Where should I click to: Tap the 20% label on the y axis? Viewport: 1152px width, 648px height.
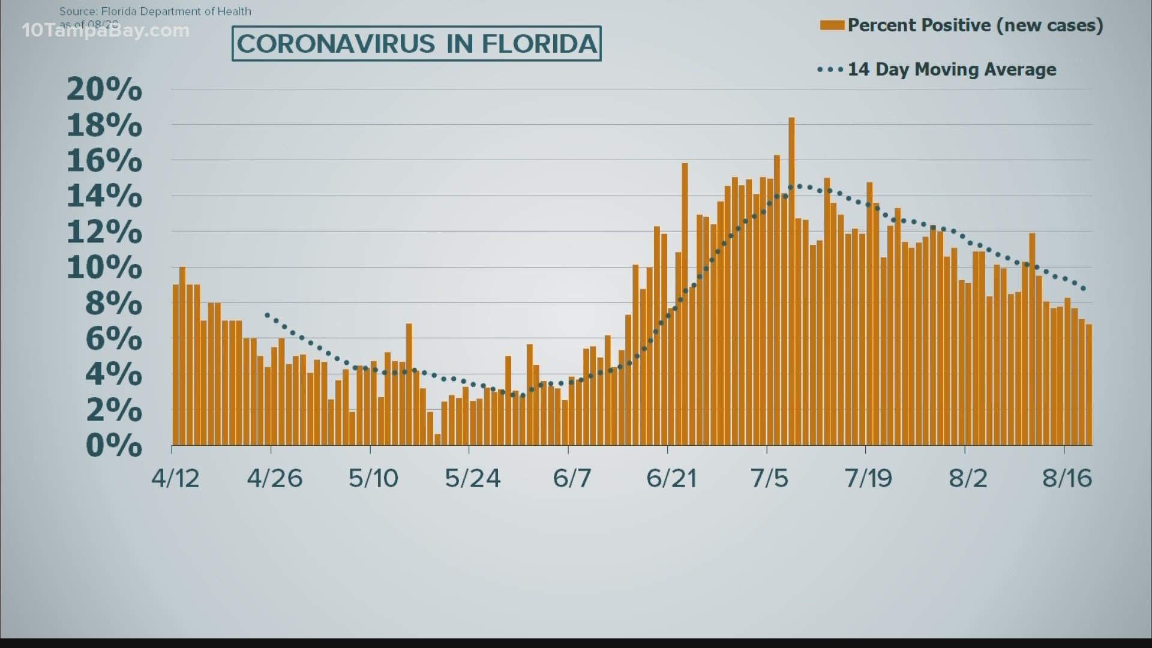pos(104,89)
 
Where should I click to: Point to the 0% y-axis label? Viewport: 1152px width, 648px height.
pos(113,445)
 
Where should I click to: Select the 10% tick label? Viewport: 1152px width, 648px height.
pos(104,268)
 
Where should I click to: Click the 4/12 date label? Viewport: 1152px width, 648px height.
pos(175,478)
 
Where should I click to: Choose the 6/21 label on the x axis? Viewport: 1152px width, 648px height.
pos(671,478)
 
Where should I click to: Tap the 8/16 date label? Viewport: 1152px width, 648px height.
pos(1067,478)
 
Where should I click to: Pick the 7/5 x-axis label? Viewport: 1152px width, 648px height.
pos(769,478)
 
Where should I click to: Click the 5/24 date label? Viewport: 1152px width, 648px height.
pos(473,478)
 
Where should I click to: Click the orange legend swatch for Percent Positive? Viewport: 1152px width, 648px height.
pos(832,25)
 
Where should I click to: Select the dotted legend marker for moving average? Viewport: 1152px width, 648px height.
pos(830,70)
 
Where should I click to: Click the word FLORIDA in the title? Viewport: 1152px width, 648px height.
pos(539,44)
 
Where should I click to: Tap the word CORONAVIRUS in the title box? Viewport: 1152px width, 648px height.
pos(336,44)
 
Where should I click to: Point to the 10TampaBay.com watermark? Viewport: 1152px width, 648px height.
pos(106,30)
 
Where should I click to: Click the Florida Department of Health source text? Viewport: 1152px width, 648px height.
pos(155,11)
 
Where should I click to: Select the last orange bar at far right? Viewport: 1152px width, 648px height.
pos(1088,385)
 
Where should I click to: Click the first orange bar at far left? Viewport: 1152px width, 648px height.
pos(176,365)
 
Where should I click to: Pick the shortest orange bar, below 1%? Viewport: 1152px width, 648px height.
pos(437,439)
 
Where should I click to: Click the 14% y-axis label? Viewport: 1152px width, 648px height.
pos(104,196)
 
